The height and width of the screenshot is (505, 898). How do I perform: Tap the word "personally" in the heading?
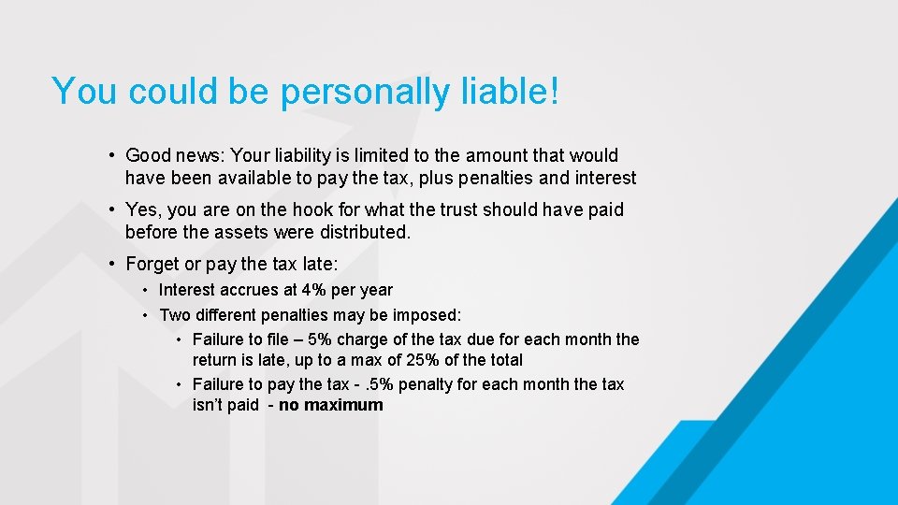click(x=361, y=93)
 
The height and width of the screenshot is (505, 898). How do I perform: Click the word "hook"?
click(x=338, y=210)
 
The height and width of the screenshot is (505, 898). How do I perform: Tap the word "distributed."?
click(x=364, y=232)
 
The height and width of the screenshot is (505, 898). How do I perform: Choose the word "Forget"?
click(x=152, y=265)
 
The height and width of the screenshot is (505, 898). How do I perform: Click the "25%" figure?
click(x=416, y=360)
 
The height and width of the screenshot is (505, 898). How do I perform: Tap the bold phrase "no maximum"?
click(x=331, y=405)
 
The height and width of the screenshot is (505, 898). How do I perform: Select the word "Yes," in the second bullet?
click(x=142, y=210)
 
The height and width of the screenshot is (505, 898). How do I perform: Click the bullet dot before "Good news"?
click(x=111, y=155)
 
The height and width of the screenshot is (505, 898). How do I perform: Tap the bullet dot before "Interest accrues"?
click(x=147, y=290)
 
